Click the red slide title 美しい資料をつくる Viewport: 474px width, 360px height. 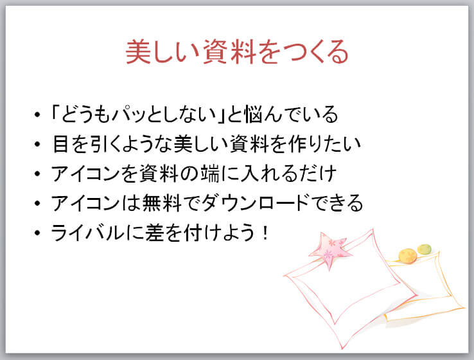click(x=237, y=51)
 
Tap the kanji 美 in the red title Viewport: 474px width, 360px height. click(x=138, y=51)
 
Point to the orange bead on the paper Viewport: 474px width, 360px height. click(x=408, y=256)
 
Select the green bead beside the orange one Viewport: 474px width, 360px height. click(x=424, y=249)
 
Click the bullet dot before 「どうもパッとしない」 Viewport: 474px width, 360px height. click(x=37, y=114)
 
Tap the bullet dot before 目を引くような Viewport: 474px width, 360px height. click(x=37, y=144)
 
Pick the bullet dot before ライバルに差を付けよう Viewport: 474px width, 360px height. click(x=37, y=233)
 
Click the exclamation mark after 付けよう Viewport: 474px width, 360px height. click(x=266, y=232)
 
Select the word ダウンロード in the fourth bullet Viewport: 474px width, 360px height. click(x=255, y=203)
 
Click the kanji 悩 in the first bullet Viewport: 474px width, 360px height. click(x=254, y=114)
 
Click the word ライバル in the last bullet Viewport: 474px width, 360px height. click(x=87, y=233)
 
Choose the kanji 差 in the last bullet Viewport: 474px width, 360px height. click(x=155, y=233)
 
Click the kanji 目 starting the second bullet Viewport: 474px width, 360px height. click(x=60, y=144)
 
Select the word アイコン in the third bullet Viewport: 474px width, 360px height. click(x=85, y=174)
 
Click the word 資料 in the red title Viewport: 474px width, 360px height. click(x=230, y=51)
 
